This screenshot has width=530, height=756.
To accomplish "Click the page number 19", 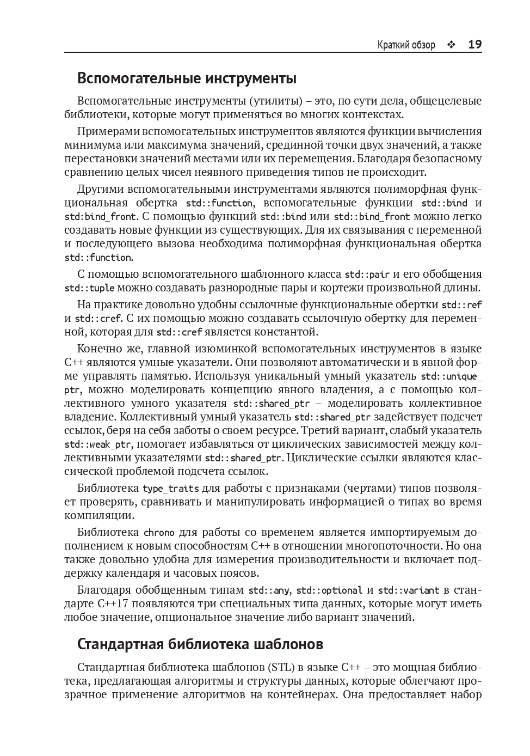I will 474,45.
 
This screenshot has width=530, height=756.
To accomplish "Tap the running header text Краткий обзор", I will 406,45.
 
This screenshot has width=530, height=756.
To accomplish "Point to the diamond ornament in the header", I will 451,45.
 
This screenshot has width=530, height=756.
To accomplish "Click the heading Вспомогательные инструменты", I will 187,78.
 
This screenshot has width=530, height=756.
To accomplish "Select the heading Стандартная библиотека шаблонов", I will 200,644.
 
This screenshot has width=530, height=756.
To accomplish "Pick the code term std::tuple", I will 89,288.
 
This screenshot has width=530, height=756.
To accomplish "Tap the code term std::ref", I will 461,305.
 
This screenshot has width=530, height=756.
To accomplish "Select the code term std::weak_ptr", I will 98,444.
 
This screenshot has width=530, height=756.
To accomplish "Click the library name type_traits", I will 170,489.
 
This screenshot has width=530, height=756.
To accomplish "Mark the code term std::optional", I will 329,590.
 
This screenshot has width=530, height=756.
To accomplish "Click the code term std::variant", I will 409,590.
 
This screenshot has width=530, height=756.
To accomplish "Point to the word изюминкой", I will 223,349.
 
